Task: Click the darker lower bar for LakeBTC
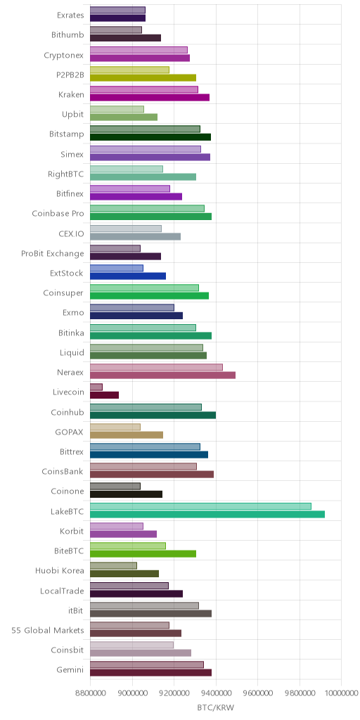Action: (207, 514)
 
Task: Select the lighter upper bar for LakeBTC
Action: (200, 506)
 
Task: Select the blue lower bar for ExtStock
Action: (128, 276)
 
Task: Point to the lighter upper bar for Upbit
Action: (117, 109)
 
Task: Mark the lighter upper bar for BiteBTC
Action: (128, 546)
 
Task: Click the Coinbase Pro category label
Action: (58, 214)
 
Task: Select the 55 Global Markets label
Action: (48, 631)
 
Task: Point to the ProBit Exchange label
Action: (53, 253)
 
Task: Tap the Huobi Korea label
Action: (60, 571)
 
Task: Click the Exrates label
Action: (70, 15)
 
